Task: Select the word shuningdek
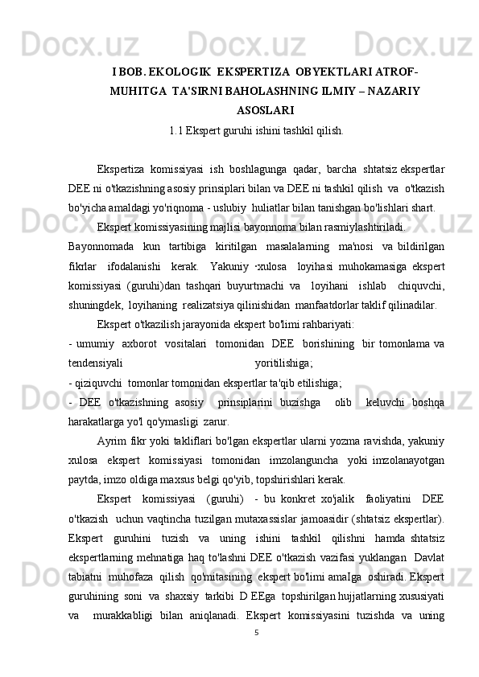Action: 96,305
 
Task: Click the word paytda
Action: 83,477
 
